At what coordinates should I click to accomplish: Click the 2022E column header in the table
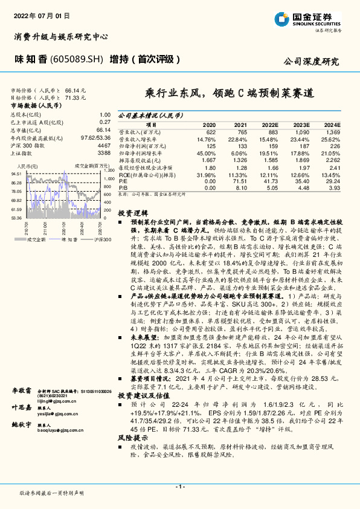click(x=270, y=124)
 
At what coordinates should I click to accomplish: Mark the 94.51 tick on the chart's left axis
click(x=16, y=173)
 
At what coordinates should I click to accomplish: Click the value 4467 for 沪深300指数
click(x=103, y=146)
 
